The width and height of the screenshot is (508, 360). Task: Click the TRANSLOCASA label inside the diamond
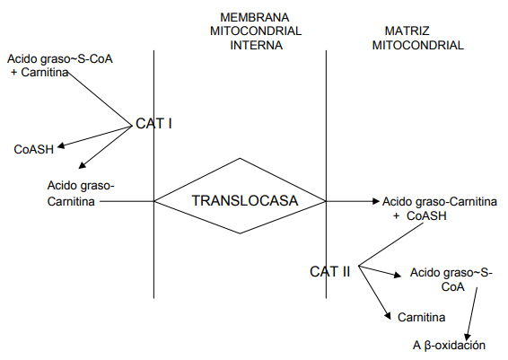coord(245,200)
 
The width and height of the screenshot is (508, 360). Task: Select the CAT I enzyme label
coord(153,124)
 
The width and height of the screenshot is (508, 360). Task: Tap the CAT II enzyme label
coord(329,271)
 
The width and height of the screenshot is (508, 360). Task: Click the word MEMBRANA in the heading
coord(254,17)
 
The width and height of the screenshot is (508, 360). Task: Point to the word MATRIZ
coord(407,31)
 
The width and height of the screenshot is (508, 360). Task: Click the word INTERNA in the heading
coord(257,45)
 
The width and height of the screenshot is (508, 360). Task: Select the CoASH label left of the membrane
coord(34,149)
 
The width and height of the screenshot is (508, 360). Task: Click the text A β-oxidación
coord(449,345)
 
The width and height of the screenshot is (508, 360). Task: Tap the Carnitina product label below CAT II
coord(421,317)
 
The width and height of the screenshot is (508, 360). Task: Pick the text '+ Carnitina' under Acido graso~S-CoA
coord(39,72)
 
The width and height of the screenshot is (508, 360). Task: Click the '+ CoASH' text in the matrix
coord(420,215)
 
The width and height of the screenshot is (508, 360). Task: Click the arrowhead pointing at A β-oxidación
coord(468,337)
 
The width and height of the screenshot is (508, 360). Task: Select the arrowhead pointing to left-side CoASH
coord(61,146)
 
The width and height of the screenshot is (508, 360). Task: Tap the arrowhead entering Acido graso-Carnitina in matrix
coord(376,201)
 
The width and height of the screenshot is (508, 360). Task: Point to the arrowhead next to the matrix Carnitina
coord(388,316)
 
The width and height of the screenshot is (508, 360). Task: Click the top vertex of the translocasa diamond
coord(240,158)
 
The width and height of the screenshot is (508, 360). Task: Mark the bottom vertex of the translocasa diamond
coord(240,233)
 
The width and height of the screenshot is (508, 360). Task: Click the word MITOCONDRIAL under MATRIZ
coord(417,45)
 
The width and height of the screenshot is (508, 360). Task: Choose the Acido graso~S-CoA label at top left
coord(60,59)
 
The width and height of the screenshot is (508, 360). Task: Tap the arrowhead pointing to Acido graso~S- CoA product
coord(398,276)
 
